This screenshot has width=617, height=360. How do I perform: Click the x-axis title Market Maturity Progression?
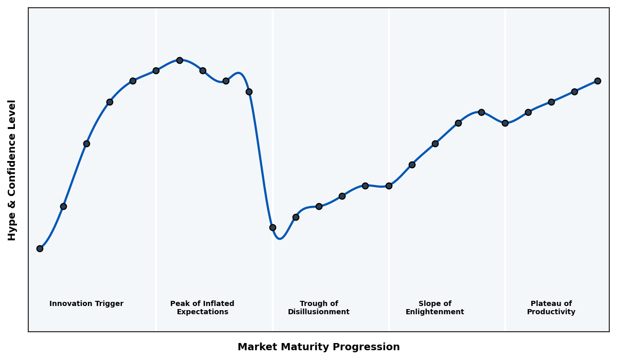point(318,347)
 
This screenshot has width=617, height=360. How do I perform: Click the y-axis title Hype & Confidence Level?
point(12,170)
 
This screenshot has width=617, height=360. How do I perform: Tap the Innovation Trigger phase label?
point(86,304)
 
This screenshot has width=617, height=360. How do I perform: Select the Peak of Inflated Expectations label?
point(202,308)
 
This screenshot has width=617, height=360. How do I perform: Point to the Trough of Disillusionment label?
point(318,308)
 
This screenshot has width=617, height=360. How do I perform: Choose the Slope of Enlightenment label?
point(434,308)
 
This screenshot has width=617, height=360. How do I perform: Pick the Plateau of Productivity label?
point(551,308)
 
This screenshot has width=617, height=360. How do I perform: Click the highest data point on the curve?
point(179,60)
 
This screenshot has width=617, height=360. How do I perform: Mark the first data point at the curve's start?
point(40,248)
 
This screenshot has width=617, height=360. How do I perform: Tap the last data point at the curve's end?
point(597,81)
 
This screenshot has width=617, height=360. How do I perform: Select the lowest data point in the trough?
point(273,227)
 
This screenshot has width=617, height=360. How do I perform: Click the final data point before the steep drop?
point(249,92)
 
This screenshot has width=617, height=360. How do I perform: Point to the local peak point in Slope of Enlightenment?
point(481,112)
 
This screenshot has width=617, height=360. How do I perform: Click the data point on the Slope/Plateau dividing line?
point(505,123)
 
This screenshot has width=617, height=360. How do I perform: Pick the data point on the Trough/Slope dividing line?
point(389,186)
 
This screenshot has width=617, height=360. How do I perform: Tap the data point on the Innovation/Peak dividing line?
point(156,70)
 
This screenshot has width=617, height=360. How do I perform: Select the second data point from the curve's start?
point(63,206)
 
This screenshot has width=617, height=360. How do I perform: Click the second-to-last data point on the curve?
point(574,92)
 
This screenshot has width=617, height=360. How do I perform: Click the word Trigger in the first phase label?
point(109,304)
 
